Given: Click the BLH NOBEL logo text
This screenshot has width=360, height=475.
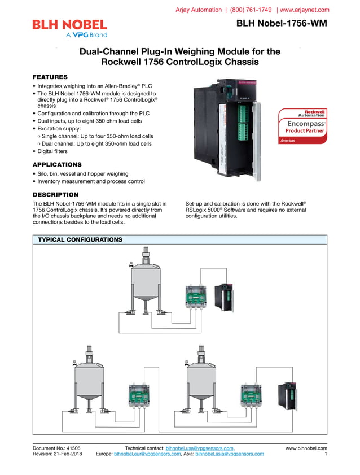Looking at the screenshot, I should [x=69, y=24].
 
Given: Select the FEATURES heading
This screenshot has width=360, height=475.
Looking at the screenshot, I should [x=50, y=77].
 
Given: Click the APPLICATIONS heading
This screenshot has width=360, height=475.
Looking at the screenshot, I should [x=57, y=164].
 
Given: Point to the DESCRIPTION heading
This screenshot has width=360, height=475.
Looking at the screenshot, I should [x=55, y=194].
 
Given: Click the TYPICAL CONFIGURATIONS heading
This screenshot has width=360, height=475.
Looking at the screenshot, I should [x=80, y=240].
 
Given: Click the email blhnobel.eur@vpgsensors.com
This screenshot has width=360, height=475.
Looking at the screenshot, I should [x=147, y=454].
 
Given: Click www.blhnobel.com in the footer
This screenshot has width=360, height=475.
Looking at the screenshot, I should [x=306, y=448].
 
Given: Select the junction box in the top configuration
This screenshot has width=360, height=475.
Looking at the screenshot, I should [x=196, y=297].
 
